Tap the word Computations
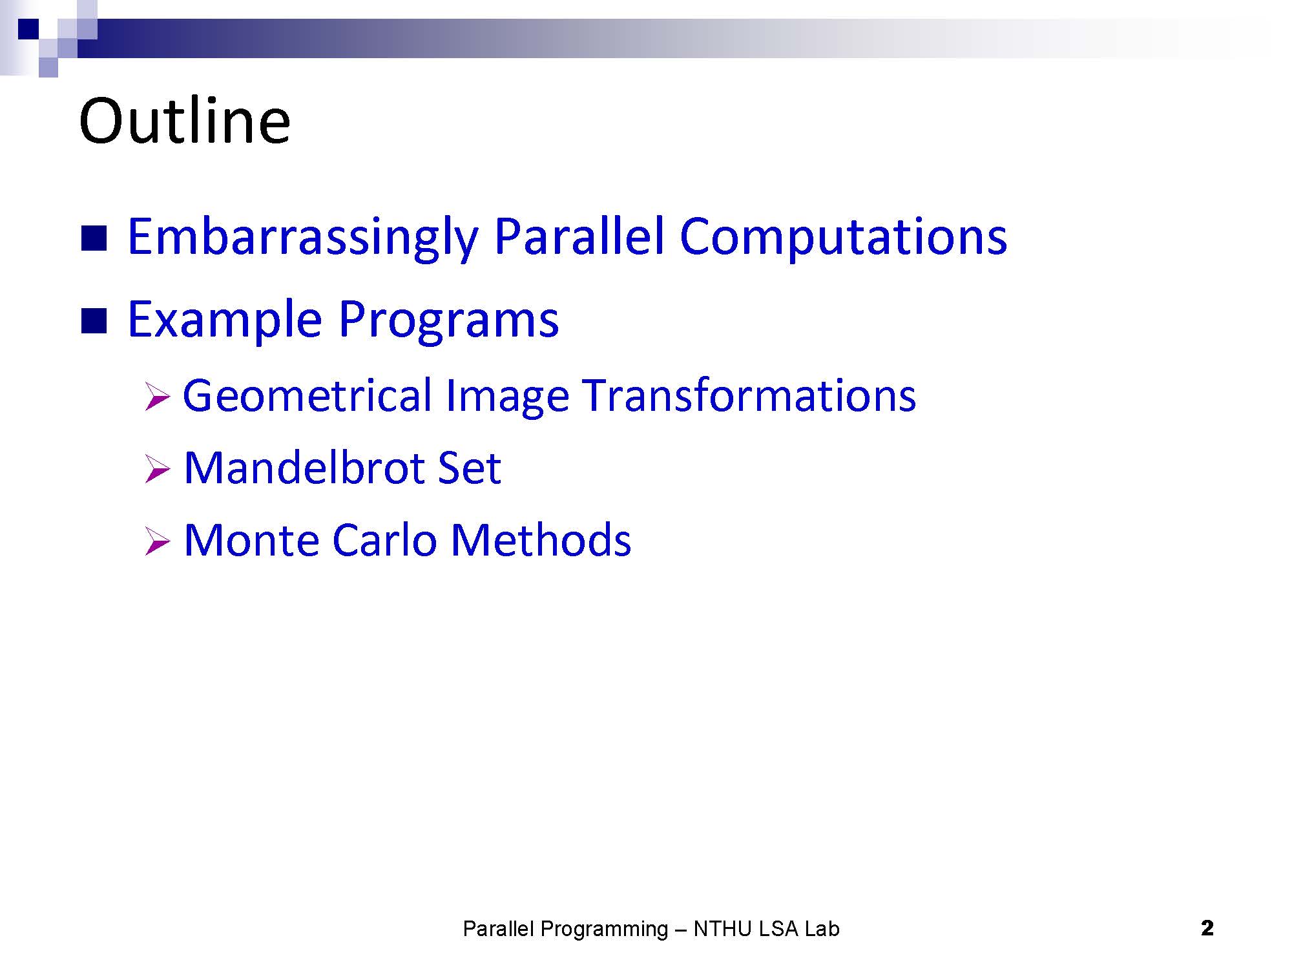tap(843, 238)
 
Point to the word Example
tap(225, 320)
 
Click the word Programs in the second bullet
tap(449, 320)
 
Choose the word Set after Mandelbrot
tap(469, 468)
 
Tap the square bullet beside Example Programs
tap(94, 320)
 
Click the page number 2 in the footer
tap(1207, 928)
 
